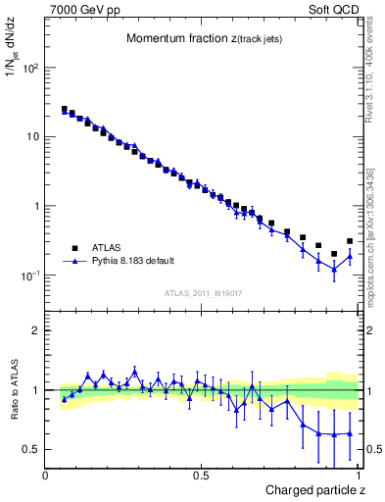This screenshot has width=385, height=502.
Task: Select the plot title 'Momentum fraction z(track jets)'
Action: (x=203, y=38)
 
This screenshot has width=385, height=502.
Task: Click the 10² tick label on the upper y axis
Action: (x=29, y=69)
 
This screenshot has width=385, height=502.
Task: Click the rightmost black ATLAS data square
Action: (x=350, y=241)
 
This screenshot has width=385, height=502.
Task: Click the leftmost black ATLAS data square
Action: (x=65, y=110)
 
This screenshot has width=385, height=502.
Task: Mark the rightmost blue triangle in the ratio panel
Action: (x=350, y=433)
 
